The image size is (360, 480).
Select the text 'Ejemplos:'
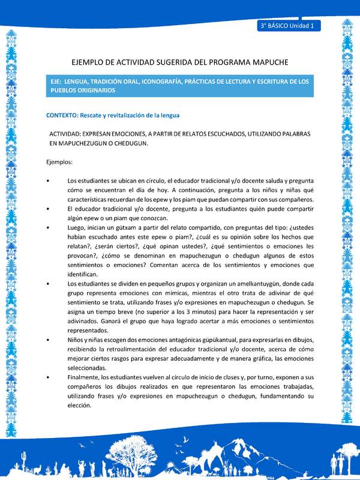click(59, 162)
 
